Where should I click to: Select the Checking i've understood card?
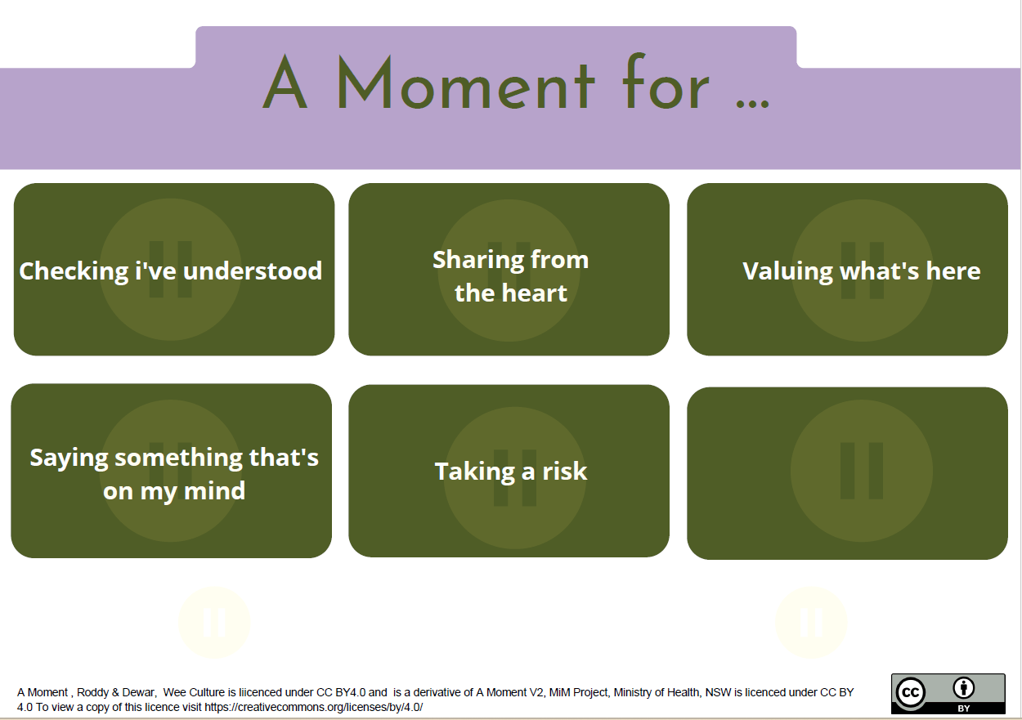coord(173,270)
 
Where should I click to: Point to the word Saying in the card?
coord(69,457)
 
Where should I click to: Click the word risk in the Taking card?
coord(565,471)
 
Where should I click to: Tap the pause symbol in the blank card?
coord(862,471)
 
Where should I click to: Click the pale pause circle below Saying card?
coord(214,622)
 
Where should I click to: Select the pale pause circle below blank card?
coord(811,622)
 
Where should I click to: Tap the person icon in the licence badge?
coord(964,688)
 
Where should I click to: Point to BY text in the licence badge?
coord(964,709)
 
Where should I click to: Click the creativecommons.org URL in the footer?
coord(313,707)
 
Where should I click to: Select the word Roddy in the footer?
coord(92,692)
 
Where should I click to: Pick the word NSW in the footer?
coord(716,692)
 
